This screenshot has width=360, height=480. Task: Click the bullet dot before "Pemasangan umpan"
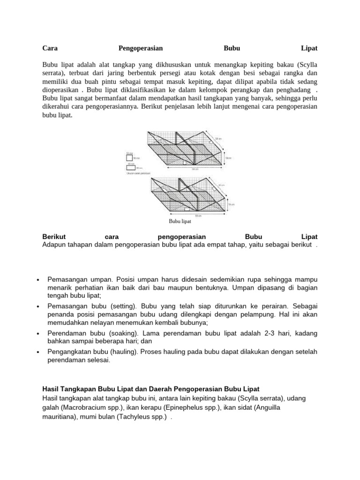click(x=37, y=279)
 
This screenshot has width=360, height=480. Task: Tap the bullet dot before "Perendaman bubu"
click(x=37, y=333)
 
